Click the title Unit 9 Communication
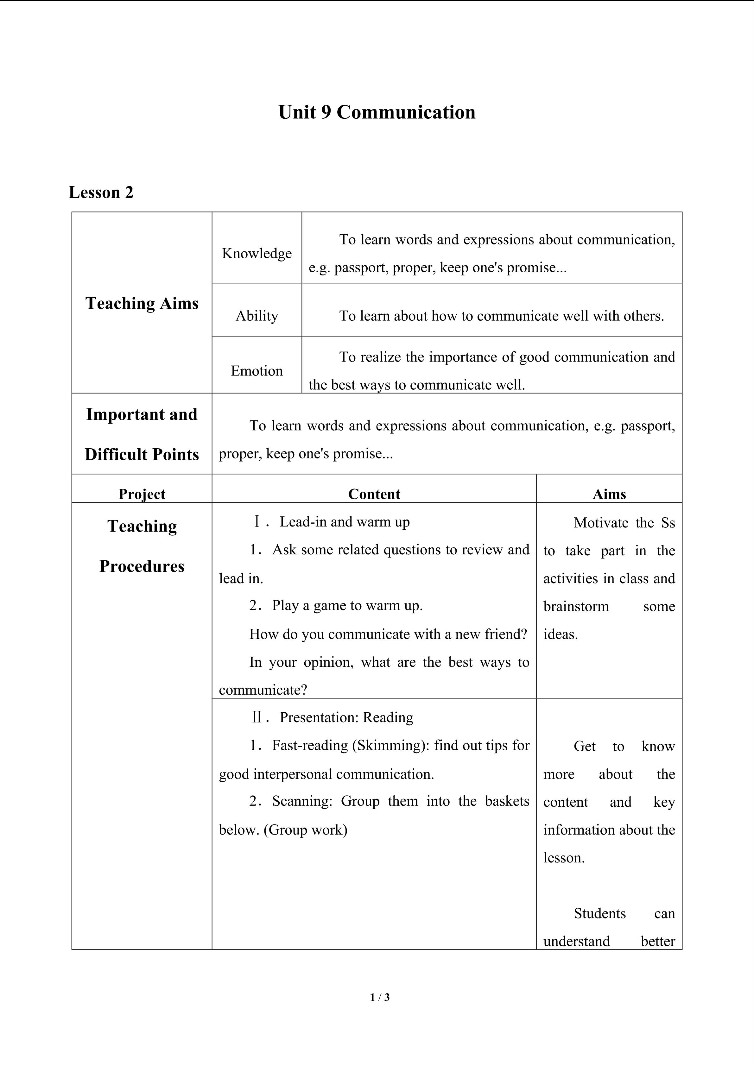377,112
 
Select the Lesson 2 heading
101,192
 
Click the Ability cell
257,316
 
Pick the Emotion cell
257,370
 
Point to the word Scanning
302,801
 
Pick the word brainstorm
576,606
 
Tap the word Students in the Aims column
599,913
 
